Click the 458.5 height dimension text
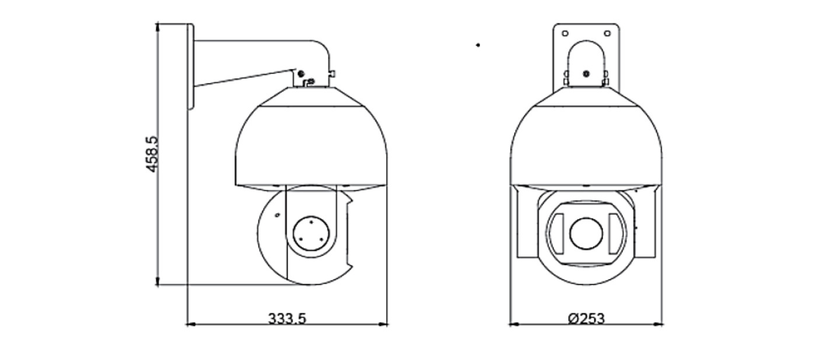152,155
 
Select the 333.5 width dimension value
287,319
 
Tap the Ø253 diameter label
586,319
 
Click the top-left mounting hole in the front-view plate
565,33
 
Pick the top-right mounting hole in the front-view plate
607,33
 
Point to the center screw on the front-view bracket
586,74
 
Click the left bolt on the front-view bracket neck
566,78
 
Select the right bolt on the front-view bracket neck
605,78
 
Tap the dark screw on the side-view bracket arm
301,74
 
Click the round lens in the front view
586,233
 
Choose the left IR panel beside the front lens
557,234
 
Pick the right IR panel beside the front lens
615,234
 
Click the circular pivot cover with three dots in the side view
311,234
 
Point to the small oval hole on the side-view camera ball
277,215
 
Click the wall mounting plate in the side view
191,67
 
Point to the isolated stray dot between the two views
478,45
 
